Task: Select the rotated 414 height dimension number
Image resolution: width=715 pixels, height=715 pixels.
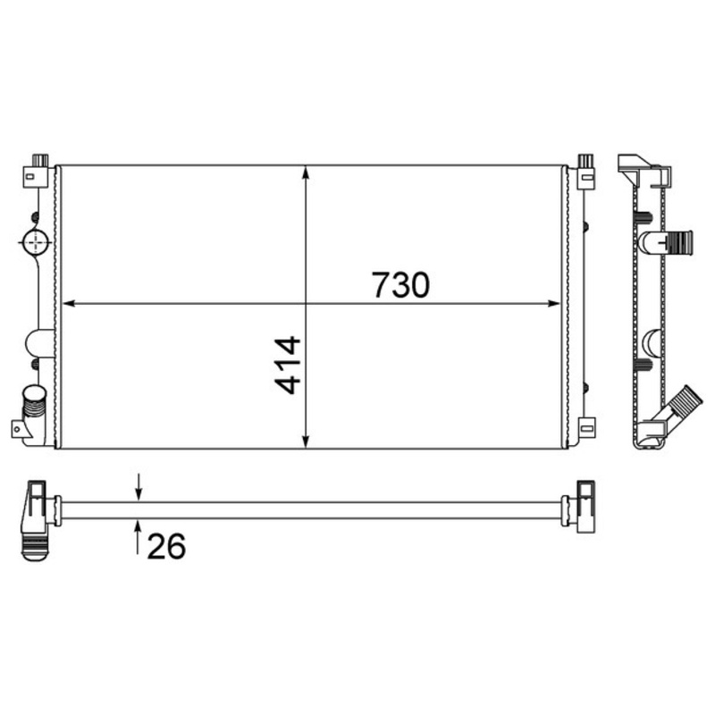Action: [x=288, y=365]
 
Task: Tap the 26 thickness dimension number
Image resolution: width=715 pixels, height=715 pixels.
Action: [x=165, y=545]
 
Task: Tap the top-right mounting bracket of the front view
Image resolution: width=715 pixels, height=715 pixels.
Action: [x=586, y=170]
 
